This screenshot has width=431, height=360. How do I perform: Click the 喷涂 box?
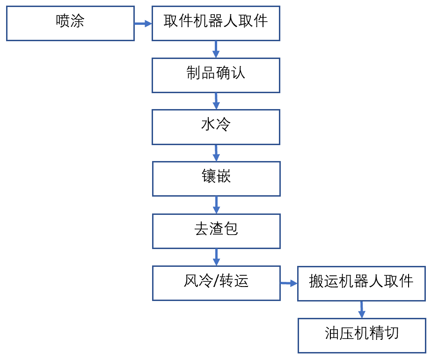tap(70, 23)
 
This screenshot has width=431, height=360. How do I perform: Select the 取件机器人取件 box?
tap(216, 23)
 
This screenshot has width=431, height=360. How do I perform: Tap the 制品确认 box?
tap(216, 75)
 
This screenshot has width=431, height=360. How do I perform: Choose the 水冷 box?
tap(216, 127)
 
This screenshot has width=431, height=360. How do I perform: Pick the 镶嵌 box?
tap(216, 179)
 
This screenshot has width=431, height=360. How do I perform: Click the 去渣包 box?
tap(216, 231)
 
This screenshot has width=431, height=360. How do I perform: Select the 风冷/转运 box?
tap(216, 283)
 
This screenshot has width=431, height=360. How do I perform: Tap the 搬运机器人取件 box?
tap(361, 283)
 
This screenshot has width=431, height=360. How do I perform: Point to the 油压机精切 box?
tap(361, 335)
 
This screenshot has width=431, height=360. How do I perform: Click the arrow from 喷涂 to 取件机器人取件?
tap(143, 23)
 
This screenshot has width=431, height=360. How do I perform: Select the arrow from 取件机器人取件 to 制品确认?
tap(216, 49)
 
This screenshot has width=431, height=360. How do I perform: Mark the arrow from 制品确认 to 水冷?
tap(216, 101)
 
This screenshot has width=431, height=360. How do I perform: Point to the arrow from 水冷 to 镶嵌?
tap(216, 153)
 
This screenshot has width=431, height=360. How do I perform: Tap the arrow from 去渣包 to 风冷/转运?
tap(216, 257)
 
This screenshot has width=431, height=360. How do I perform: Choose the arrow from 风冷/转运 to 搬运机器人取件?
tap(289, 283)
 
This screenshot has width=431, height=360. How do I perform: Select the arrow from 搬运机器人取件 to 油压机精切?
tap(361, 309)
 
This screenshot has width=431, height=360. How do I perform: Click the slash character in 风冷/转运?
tap(216, 282)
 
